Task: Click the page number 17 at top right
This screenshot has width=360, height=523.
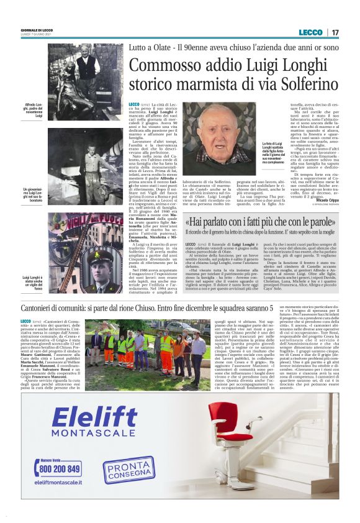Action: tap(335, 32)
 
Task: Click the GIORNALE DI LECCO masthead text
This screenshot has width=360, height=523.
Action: tap(37, 30)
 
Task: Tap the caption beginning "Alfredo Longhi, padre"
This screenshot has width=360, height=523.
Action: tap(33, 108)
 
